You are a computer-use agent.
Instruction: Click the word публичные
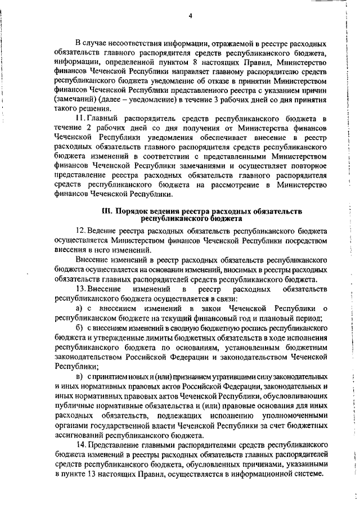pyautogui.click(x=75, y=406)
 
